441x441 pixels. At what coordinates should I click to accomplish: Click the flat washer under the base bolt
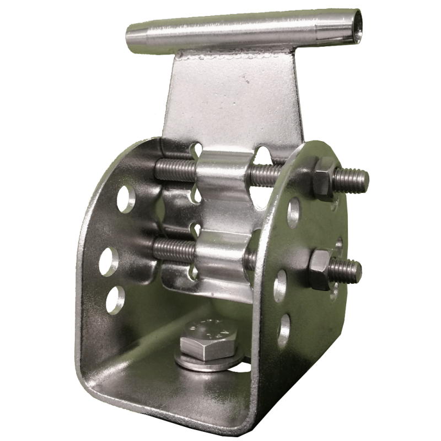click(209, 361)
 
